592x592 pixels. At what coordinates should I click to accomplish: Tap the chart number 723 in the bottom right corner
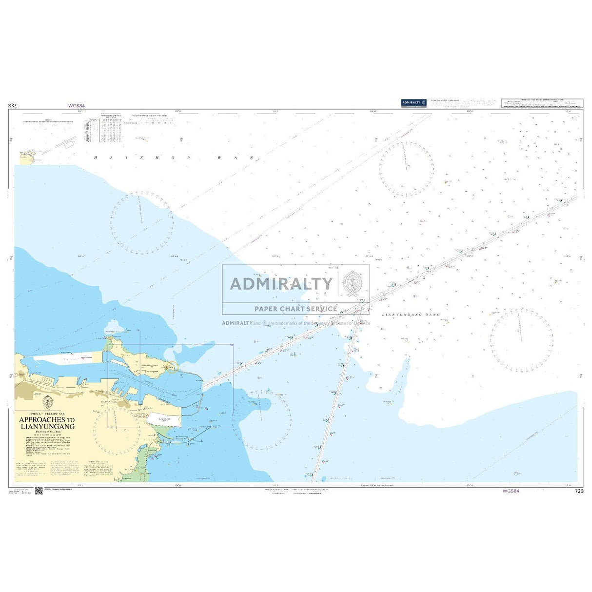pyautogui.click(x=579, y=491)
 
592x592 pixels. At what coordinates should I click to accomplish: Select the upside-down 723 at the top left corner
pyautogui.click(x=13, y=105)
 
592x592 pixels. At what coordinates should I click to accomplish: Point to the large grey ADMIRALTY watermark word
pyautogui.click(x=281, y=283)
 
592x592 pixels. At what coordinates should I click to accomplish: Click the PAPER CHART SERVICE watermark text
pyautogui.click(x=296, y=309)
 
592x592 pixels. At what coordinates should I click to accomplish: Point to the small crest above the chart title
pyautogui.click(x=47, y=402)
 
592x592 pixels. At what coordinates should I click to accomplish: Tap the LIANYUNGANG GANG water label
pyautogui.click(x=411, y=315)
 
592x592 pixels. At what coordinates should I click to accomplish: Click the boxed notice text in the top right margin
pyautogui.click(x=541, y=103)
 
